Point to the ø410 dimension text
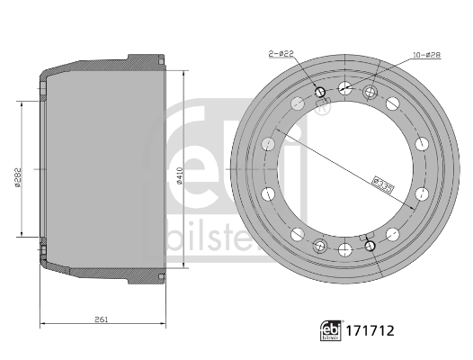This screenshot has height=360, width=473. [180, 170]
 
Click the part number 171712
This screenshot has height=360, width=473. [370, 331]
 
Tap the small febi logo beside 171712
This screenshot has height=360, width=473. [332, 330]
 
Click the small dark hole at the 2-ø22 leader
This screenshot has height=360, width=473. [321, 91]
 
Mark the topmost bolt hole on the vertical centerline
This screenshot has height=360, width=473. [345, 87]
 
